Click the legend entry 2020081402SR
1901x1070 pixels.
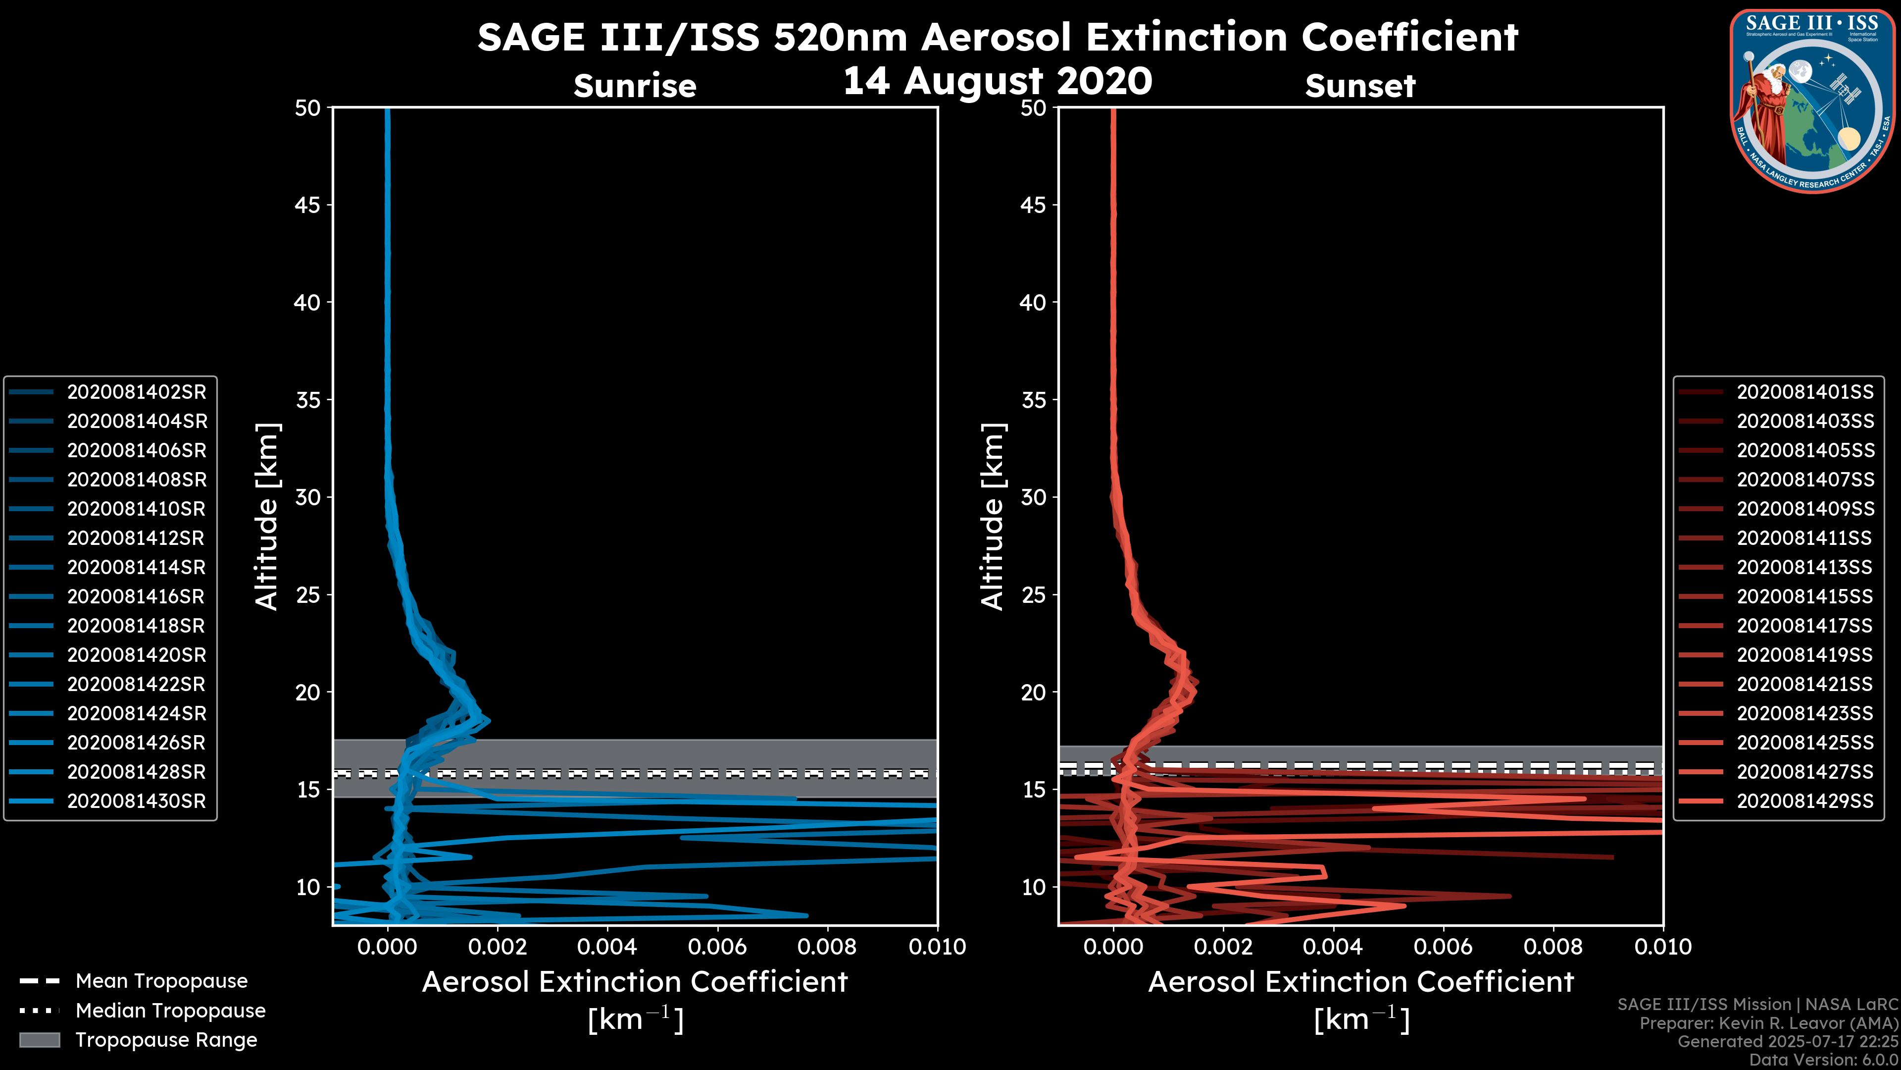coord(137,392)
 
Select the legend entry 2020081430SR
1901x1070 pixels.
coord(137,801)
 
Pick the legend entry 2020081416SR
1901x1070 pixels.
coord(137,596)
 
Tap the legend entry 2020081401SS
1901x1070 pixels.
coord(1805,392)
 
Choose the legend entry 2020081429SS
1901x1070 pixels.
coord(1805,801)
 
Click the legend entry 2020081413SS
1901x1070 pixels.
coord(1805,567)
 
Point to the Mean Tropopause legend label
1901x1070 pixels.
coord(161,981)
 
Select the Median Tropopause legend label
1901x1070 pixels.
coord(170,1011)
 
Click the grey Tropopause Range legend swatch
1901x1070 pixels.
coord(40,1040)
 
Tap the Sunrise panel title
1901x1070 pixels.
coord(635,86)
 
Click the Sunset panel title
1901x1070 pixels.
coord(1360,86)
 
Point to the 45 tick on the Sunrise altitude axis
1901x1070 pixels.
coord(308,205)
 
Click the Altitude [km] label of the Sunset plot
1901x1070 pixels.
coord(993,517)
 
